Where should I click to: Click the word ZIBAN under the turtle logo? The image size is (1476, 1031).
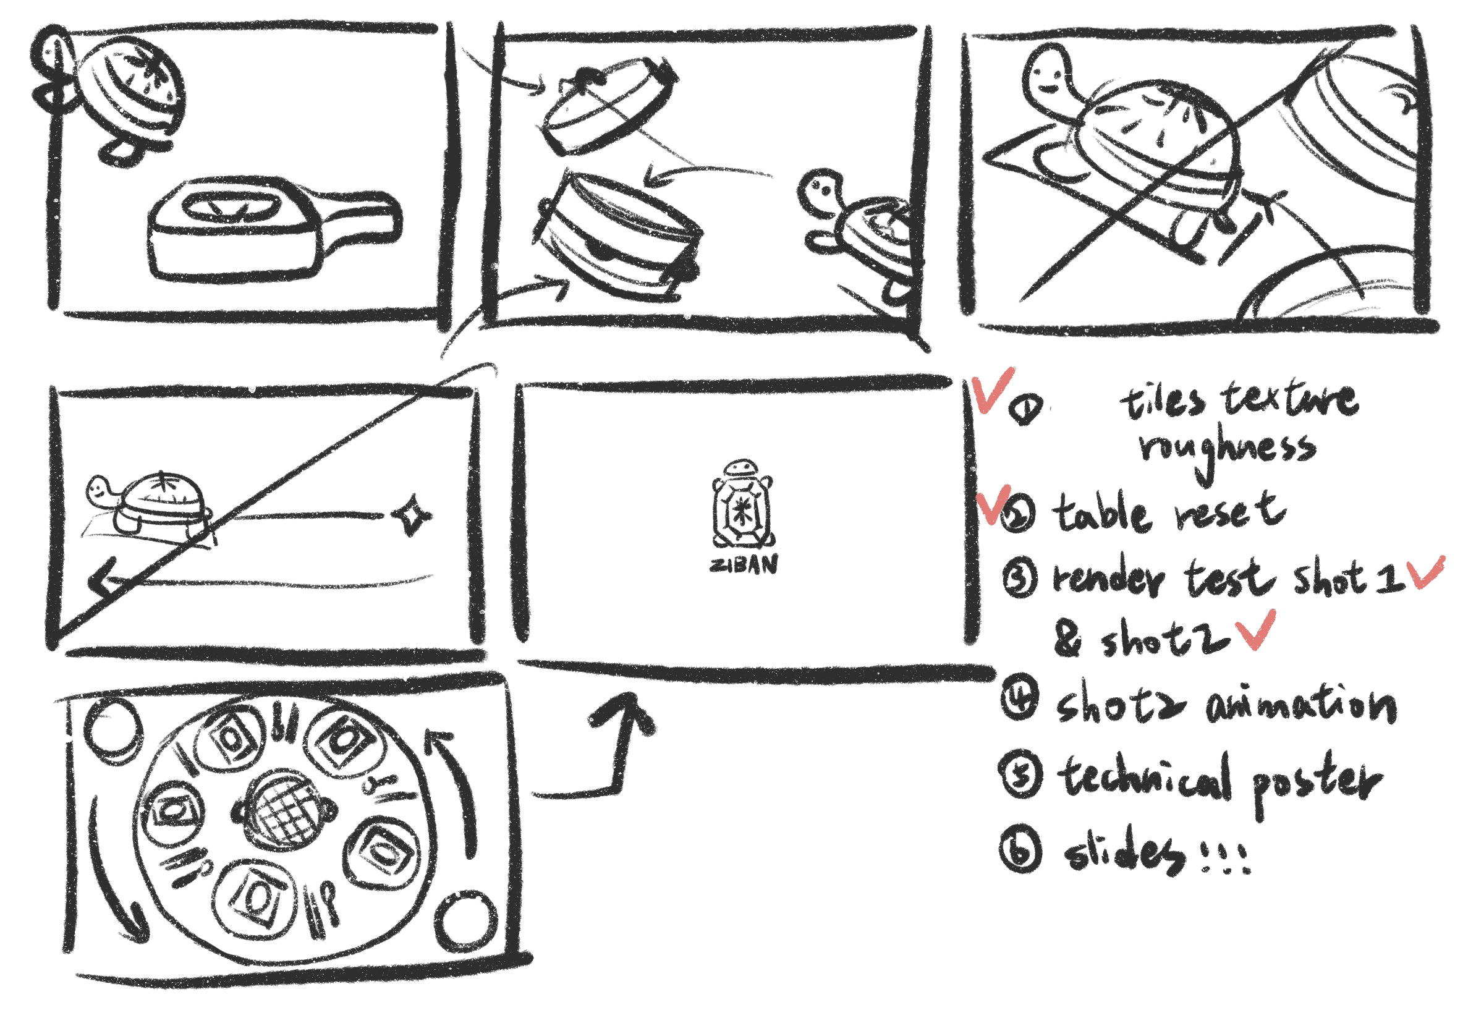744,564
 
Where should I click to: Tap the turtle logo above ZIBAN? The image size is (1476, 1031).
742,505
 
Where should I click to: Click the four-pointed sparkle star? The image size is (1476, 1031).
412,514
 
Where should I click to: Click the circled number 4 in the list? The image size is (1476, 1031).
1019,699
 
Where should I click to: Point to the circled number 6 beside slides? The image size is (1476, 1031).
1020,850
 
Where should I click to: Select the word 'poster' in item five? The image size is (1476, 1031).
1315,781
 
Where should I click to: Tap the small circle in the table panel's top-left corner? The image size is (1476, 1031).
113,729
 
